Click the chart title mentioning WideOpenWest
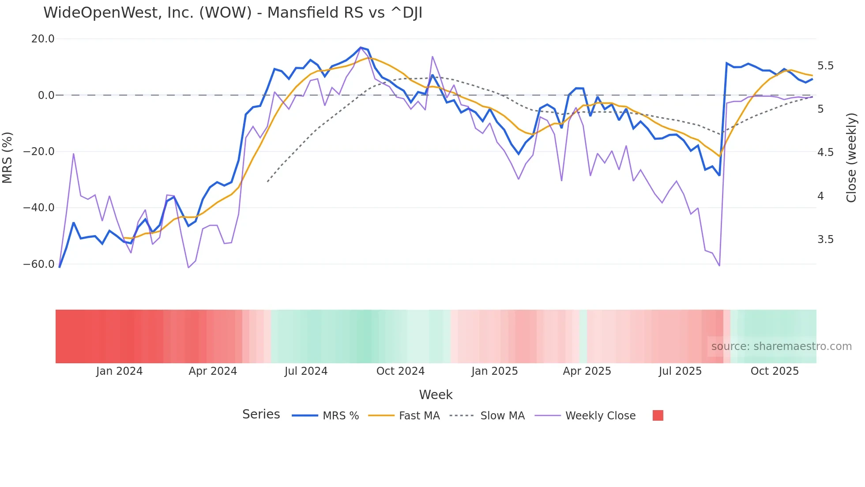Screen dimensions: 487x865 click(x=233, y=13)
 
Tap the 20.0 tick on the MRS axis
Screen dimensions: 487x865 click(x=43, y=39)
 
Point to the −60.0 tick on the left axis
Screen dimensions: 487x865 click(x=39, y=264)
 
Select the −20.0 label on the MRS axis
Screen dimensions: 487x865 click(x=39, y=152)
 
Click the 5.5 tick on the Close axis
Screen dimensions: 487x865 click(x=825, y=66)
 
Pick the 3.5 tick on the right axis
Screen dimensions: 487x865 click(x=825, y=240)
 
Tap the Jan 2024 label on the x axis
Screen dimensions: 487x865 click(x=119, y=371)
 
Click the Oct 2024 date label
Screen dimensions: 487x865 click(x=400, y=371)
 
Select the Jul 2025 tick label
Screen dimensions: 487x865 click(x=680, y=371)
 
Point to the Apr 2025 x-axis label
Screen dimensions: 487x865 click(x=587, y=371)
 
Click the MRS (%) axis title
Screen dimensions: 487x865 click(x=8, y=157)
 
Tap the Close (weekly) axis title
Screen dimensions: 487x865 click(x=851, y=157)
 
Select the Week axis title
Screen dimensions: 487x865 click(x=436, y=395)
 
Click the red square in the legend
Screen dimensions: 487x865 click(x=658, y=415)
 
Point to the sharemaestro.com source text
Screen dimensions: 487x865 click(x=781, y=346)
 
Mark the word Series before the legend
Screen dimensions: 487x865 click(x=261, y=415)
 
